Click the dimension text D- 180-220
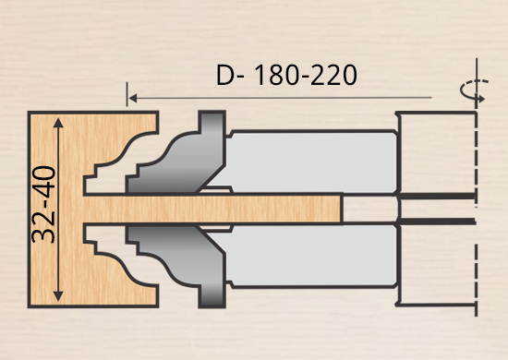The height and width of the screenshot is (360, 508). click(286, 75)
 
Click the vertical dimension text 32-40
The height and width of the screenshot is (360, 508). click(43, 205)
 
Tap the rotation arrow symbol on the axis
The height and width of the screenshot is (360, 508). click(475, 90)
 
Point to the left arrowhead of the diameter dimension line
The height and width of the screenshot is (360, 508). click(132, 98)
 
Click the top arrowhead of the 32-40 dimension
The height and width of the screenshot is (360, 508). click(58, 123)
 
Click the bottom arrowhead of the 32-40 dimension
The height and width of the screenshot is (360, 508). click(58, 296)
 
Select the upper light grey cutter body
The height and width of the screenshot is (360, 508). click(311, 162)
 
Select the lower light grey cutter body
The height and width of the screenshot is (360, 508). click(311, 256)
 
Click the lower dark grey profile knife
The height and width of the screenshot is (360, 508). click(181, 259)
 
